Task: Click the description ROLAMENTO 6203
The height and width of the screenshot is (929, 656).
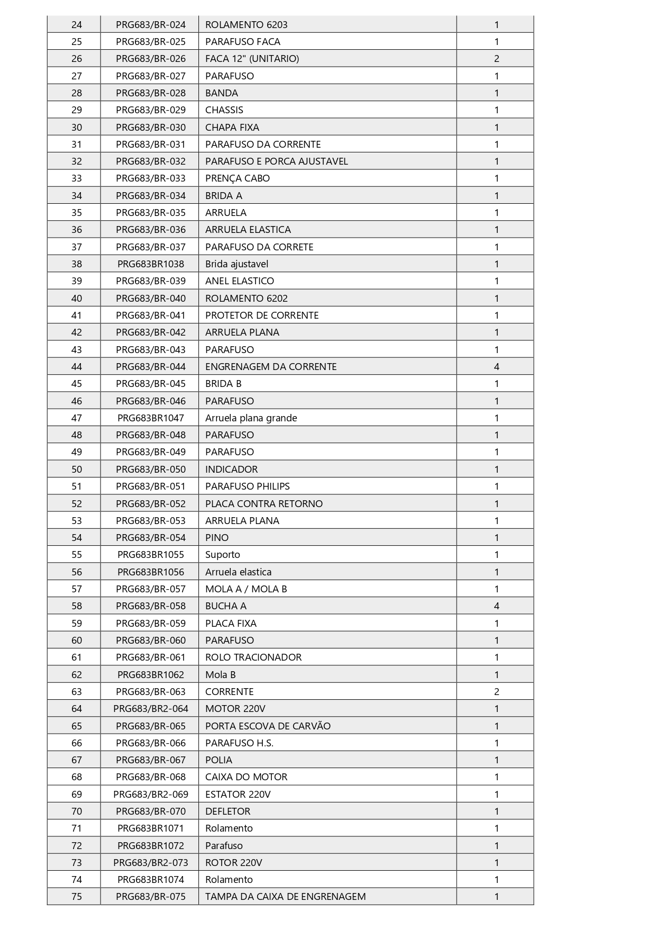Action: pyautogui.click(x=246, y=24)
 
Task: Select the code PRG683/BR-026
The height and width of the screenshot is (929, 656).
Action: pyautogui.click(x=151, y=59)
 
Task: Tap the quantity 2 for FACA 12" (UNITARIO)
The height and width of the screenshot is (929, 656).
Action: pyautogui.click(x=496, y=59)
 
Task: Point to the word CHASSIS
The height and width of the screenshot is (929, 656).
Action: pyautogui.click(x=224, y=110)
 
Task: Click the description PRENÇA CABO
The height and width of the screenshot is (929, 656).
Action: pyautogui.click(x=237, y=178)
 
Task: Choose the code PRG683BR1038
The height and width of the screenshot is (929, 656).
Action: pyautogui.click(x=151, y=264)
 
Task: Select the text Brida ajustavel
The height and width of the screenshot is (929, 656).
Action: pyautogui.click(x=236, y=264)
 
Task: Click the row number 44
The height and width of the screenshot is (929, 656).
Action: pyautogui.click(x=77, y=366)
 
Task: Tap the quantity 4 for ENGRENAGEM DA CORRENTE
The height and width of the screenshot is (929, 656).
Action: pyautogui.click(x=496, y=366)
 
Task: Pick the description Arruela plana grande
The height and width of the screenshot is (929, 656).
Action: pyautogui.click(x=251, y=418)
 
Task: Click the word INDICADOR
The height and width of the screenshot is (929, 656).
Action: pyautogui.click(x=231, y=469)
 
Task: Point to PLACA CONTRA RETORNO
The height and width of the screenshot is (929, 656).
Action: pyautogui.click(x=263, y=503)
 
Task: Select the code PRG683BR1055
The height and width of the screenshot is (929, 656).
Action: pyautogui.click(x=151, y=555)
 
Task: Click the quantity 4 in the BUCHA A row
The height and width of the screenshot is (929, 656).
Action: pyautogui.click(x=496, y=606)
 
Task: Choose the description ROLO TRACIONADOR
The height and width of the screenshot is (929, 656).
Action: pyautogui.click(x=253, y=657)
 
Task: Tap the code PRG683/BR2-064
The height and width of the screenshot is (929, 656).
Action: pyautogui.click(x=151, y=708)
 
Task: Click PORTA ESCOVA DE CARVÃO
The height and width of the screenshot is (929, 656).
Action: pyautogui.click(x=268, y=726)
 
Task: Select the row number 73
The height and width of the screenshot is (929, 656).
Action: pyautogui.click(x=77, y=862)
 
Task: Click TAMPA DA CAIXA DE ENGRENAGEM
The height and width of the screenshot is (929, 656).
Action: pyautogui.click(x=285, y=896)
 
